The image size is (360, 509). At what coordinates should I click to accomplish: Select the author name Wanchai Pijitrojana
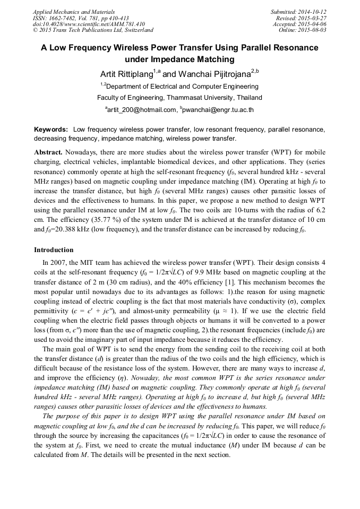coord(206,73)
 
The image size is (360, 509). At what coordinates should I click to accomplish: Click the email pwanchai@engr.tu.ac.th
coord(218,110)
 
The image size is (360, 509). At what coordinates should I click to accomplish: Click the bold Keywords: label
coord(51,130)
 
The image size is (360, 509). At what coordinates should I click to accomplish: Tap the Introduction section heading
coord(54,250)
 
